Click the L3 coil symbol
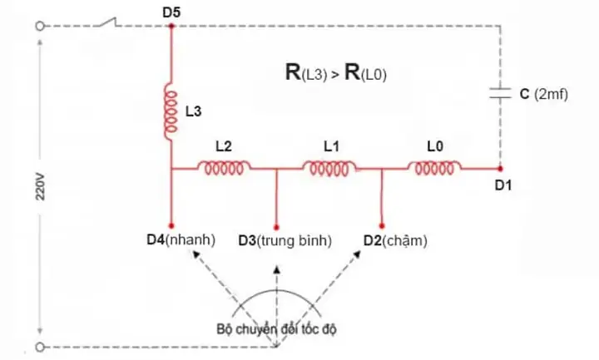[x=171, y=111]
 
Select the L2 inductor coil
[x=224, y=168]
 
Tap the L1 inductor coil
[x=329, y=168]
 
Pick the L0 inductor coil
[x=435, y=168]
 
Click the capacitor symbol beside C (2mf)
[x=501, y=93]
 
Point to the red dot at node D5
[x=171, y=26]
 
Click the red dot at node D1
[x=501, y=168]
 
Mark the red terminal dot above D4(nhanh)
[x=171, y=226]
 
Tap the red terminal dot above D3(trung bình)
[x=276, y=228]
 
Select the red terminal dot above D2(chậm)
[x=382, y=226]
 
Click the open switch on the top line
[x=107, y=22]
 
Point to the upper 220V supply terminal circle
[x=40, y=26]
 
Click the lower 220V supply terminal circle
[x=40, y=347]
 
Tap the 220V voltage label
[x=40, y=187]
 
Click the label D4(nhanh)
[x=181, y=240]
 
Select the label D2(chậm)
[x=395, y=240]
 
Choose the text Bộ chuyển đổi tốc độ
[x=276, y=329]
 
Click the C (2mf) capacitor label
[x=544, y=94]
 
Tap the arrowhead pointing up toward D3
[x=277, y=269]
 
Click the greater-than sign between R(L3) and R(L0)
[x=335, y=75]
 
